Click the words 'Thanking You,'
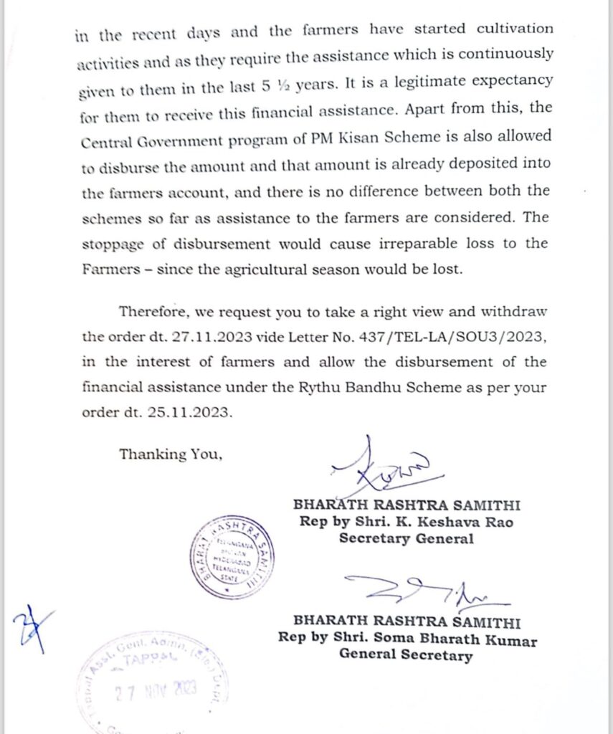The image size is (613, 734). tap(171, 454)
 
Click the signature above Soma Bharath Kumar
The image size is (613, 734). tap(423, 591)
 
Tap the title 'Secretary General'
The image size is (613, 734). tap(406, 539)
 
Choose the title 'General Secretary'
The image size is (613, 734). tap(406, 654)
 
